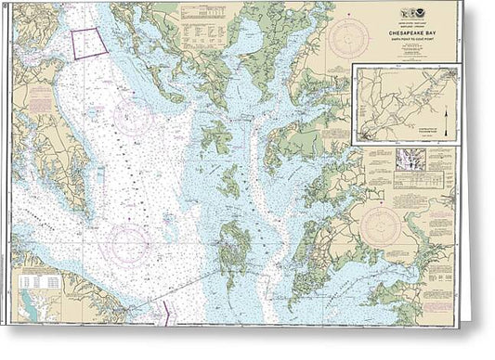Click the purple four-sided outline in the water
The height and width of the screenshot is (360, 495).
[x=86, y=43]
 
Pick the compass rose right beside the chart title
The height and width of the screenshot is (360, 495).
[x=347, y=40]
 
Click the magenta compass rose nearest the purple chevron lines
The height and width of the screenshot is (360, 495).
[x=128, y=244]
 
